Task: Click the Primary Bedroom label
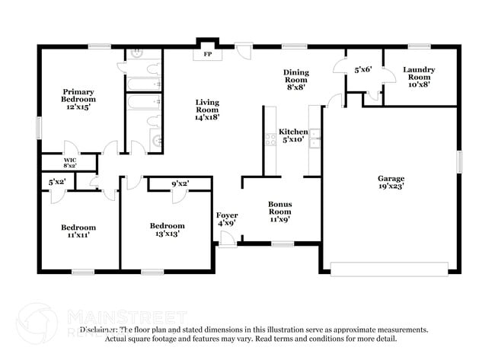(x=79, y=99)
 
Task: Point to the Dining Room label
(x=295, y=78)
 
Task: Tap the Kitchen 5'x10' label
(x=292, y=135)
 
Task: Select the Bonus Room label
(x=279, y=212)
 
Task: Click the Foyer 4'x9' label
(x=227, y=219)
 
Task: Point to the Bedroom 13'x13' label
(x=166, y=230)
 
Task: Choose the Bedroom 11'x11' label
(x=79, y=231)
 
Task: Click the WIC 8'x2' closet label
(x=69, y=162)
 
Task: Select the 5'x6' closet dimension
(x=362, y=70)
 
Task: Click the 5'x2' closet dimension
(x=58, y=182)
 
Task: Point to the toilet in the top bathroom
(x=137, y=53)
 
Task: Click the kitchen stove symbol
(x=270, y=139)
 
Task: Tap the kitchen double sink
(x=315, y=139)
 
